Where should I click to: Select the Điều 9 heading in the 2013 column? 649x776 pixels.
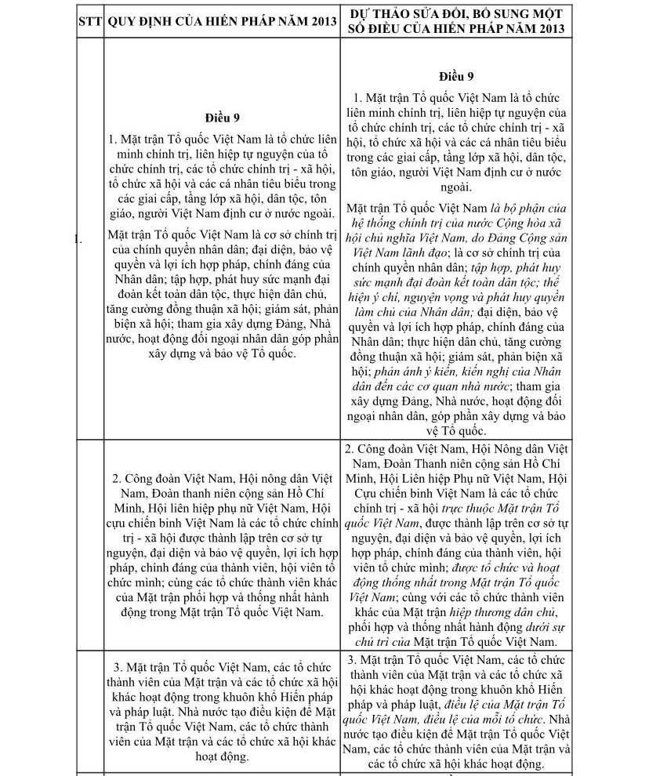tap(222, 118)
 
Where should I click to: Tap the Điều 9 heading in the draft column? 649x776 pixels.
tap(457, 76)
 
